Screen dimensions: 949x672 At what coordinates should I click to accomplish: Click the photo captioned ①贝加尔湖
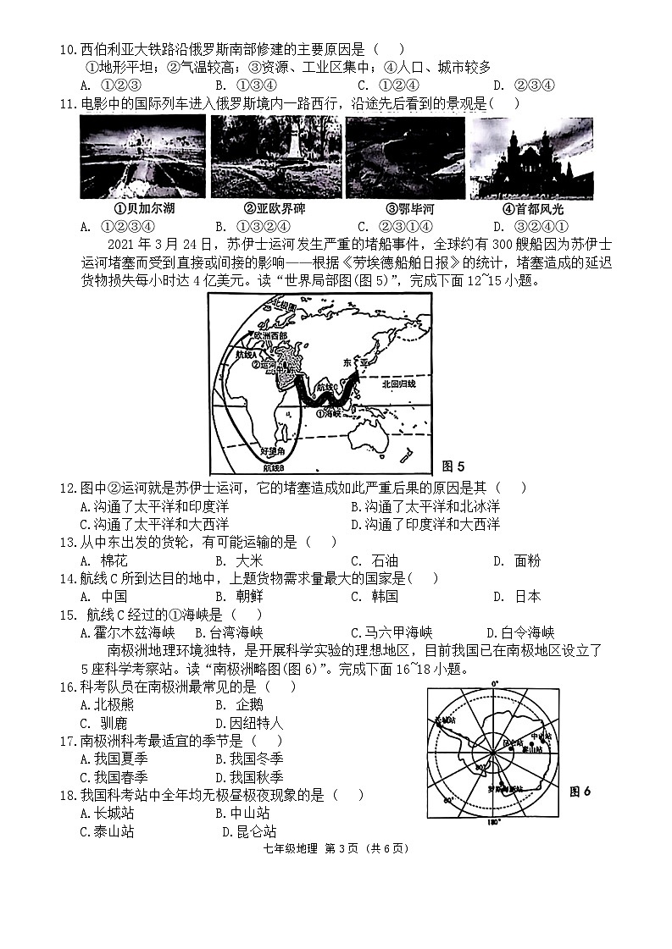(x=142, y=157)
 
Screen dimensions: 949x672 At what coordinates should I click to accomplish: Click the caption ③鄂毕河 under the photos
(x=404, y=209)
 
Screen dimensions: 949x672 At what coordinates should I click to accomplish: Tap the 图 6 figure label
(x=580, y=792)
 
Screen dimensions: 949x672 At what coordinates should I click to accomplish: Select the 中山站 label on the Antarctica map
(x=540, y=736)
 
